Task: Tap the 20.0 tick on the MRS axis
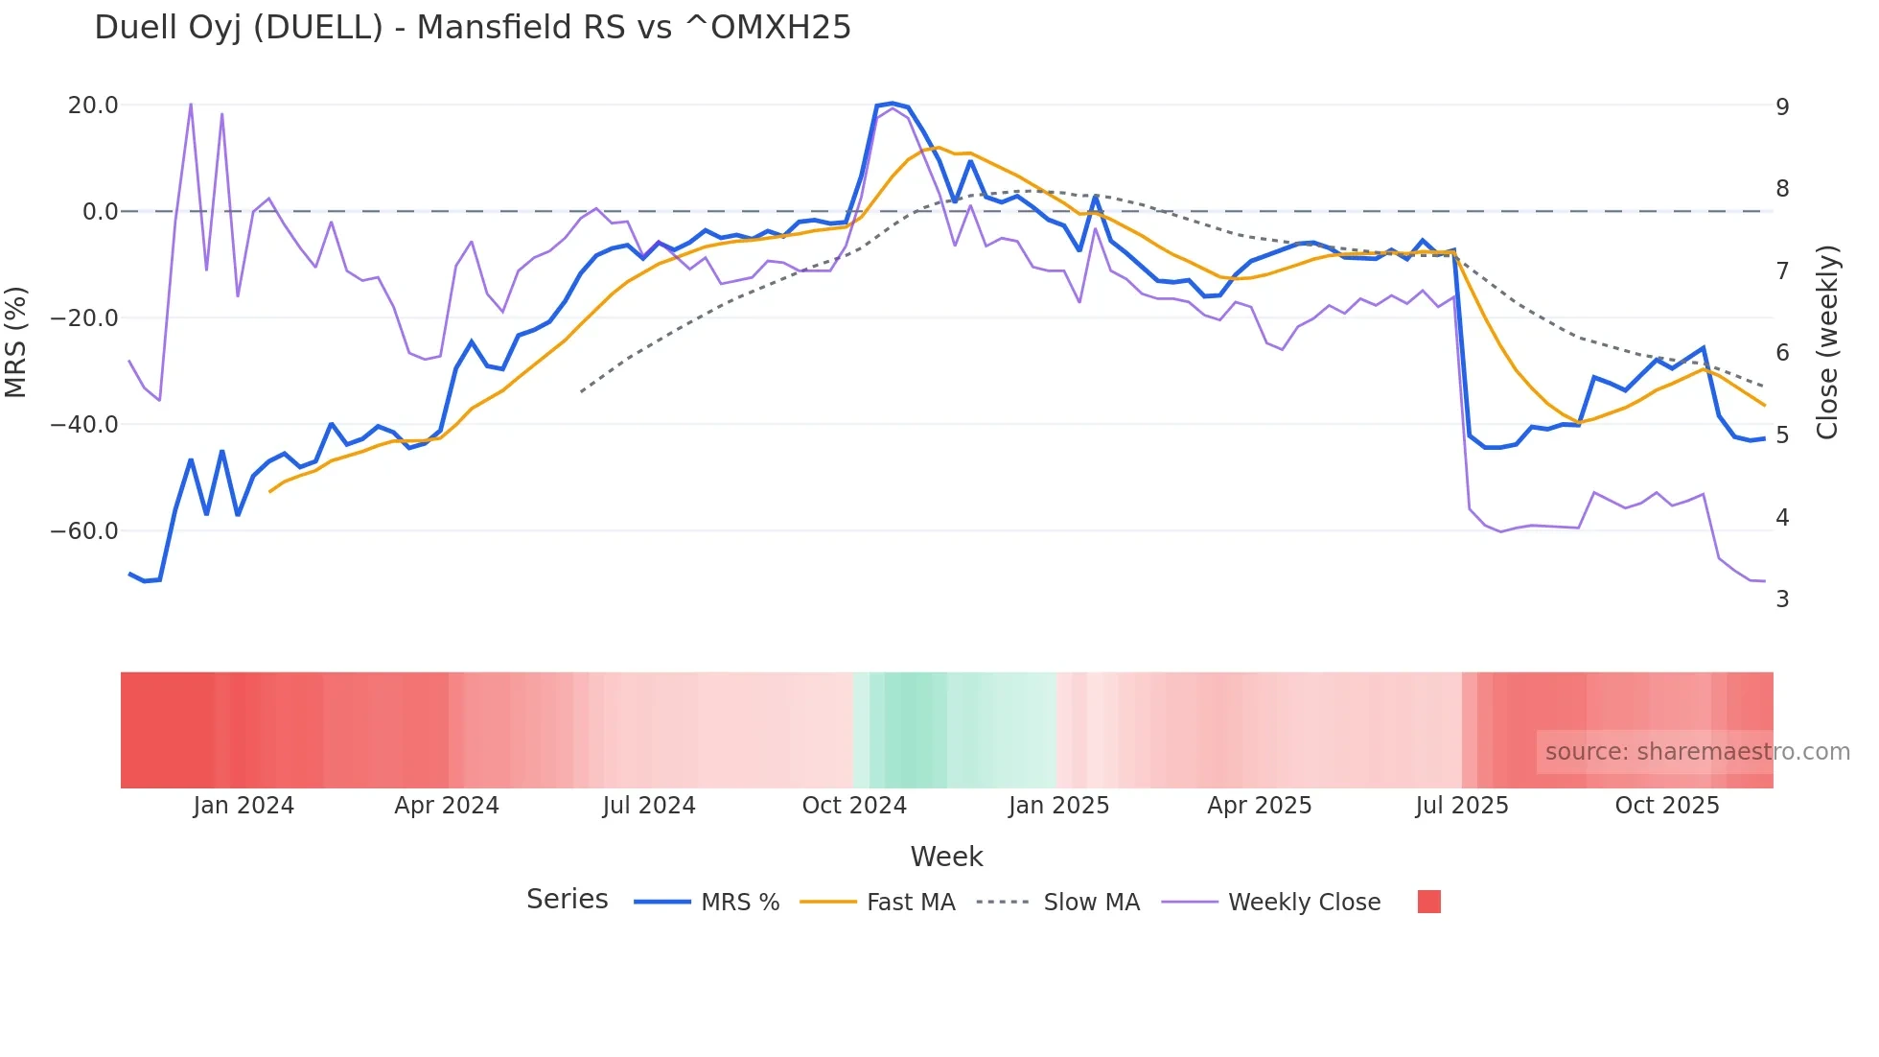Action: point(93,106)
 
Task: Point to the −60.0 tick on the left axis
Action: point(84,531)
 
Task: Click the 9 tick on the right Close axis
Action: point(1782,107)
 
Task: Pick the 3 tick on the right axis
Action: point(1782,599)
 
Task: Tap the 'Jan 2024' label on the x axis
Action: point(244,806)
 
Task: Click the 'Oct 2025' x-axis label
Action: point(1667,806)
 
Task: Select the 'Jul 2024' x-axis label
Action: point(649,806)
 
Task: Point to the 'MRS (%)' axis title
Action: point(16,342)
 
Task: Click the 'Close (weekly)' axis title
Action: point(1827,342)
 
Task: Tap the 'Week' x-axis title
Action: point(946,857)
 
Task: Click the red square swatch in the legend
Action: point(1428,902)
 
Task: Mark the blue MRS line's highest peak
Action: point(893,104)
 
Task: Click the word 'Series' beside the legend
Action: point(567,900)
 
